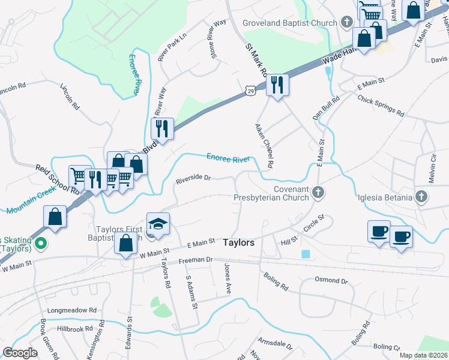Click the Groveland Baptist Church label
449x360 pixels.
pyautogui.click(x=290, y=23)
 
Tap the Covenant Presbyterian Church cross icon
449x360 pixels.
pyautogui.click(x=319, y=192)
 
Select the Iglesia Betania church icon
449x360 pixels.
pyautogui.click(x=421, y=196)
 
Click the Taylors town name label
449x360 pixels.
pyautogui.click(x=239, y=243)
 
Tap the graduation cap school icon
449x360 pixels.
pyautogui.click(x=158, y=224)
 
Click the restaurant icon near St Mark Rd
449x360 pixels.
pyautogui.click(x=277, y=85)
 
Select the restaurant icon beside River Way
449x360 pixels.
pyautogui.click(x=162, y=128)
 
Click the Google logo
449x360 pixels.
pyautogui.click(x=20, y=352)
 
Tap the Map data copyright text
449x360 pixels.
pyautogui.click(x=423, y=355)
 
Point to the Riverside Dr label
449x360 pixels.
pyautogui.click(x=193, y=178)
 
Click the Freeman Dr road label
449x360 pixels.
pyautogui.click(x=196, y=261)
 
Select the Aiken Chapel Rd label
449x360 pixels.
pyautogui.click(x=264, y=146)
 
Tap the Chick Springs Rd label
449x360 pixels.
pyautogui.click(x=381, y=105)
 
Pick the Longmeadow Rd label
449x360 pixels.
pyautogui.click(x=72, y=310)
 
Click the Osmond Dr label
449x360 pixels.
pyautogui.click(x=331, y=280)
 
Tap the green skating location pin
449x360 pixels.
pyautogui.click(x=41, y=244)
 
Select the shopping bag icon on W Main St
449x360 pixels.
pyautogui.click(x=126, y=244)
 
